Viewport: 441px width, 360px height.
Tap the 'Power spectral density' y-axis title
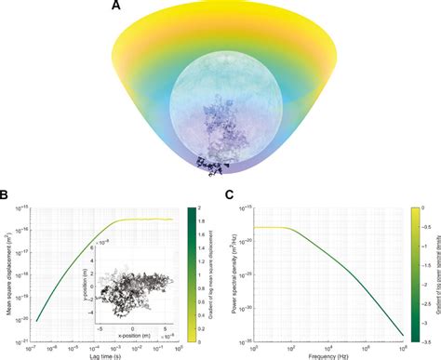tap(233, 272)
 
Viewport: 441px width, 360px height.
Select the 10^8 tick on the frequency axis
tap(407, 345)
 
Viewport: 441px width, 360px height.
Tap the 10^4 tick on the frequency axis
tap(332, 345)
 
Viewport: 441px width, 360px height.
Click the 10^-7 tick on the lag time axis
tap(30, 345)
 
